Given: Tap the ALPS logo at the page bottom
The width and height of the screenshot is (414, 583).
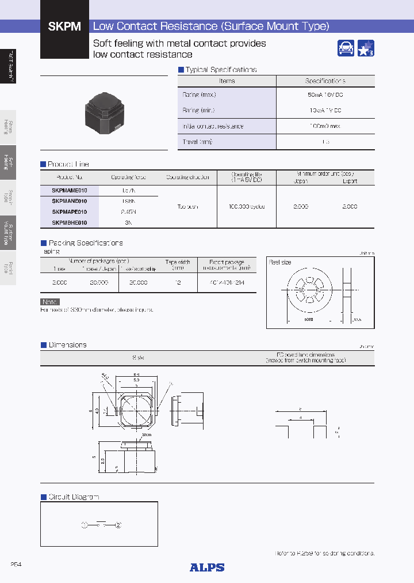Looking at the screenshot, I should pos(207,567).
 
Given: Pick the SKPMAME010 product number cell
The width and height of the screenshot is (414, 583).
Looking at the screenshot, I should pos(70,190).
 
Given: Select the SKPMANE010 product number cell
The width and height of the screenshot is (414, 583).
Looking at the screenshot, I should pos(70,201).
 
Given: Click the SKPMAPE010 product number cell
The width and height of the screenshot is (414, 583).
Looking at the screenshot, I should pos(70,211).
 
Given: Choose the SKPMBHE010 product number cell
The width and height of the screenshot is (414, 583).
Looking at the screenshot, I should pos(70,222).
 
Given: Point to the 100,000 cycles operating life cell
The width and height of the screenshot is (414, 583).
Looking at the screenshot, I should pos(247,206).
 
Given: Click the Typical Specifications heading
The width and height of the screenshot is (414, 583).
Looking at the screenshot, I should pos(220,70).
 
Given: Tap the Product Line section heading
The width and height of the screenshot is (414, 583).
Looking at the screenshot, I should pos(68,164).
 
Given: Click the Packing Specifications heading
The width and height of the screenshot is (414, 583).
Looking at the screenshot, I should pos(85,243).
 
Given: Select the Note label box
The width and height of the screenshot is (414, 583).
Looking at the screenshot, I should pos(49,302).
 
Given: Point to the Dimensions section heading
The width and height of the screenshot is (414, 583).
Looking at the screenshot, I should pos(67,345).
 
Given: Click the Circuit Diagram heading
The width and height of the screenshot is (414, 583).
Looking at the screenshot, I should pos(74,497).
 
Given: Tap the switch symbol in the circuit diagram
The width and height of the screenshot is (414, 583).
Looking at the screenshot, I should pos(101,524).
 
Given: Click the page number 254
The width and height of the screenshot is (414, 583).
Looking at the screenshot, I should pos(16,565).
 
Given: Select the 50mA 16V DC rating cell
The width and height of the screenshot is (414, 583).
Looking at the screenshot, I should pos(325,94).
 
